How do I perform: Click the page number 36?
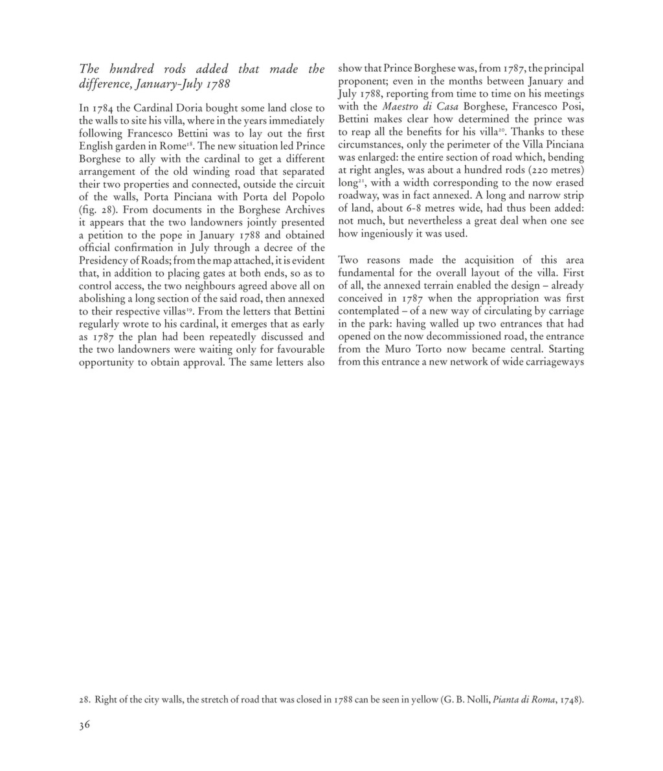coord(84,724)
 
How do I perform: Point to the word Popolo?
coord(304,197)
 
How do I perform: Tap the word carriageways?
coord(552,362)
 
